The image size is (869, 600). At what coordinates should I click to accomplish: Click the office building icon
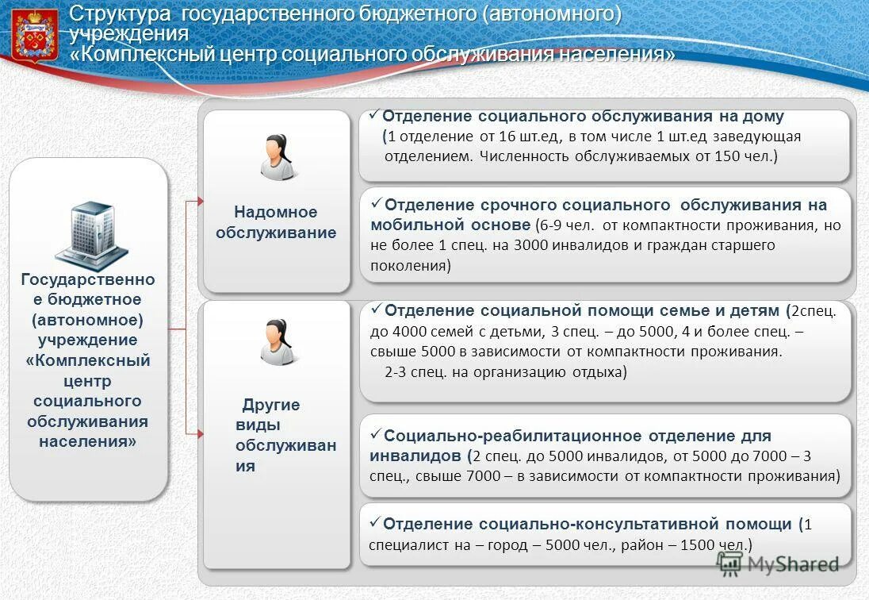coord(90,234)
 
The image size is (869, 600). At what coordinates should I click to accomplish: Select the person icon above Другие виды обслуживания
coord(277,342)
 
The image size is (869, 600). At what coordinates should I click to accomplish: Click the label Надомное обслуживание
coord(275,222)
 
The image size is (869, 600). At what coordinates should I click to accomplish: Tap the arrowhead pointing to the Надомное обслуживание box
coord(200,202)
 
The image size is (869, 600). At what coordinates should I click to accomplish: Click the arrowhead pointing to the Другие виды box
coord(200,433)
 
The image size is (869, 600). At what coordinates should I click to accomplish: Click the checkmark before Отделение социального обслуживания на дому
coord(376,115)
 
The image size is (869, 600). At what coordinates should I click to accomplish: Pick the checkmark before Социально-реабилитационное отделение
coord(376,435)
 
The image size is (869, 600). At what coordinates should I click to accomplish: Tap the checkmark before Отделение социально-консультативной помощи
coord(376,523)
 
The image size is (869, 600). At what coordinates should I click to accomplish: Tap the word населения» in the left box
coord(87,442)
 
